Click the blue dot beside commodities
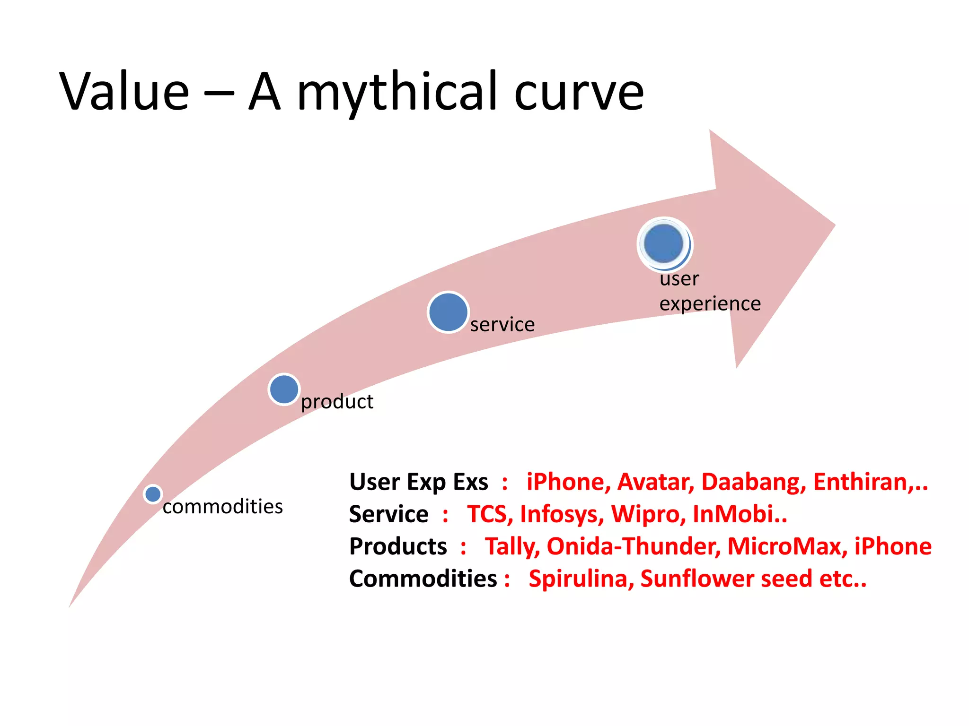point(153,494)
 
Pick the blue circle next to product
point(284,389)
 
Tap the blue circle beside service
point(448,312)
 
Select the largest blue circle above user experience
point(664,244)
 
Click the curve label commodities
point(222,507)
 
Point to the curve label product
point(337,402)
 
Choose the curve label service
point(502,325)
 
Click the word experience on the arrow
point(710,303)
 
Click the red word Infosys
point(562,514)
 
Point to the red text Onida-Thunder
point(634,546)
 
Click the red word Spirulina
point(581,579)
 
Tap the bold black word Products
point(398,546)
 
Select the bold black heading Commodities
point(423,579)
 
